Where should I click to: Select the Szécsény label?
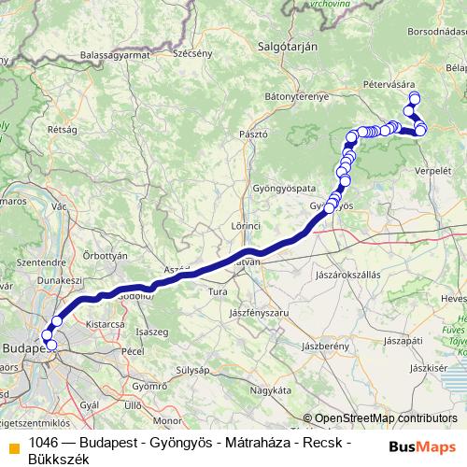tap(192, 53)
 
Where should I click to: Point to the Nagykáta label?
tap(257, 389)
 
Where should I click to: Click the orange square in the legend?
tap(13, 446)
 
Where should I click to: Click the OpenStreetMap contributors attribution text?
tap(384, 418)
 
